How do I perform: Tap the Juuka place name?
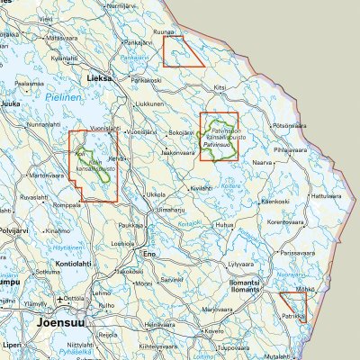pyautogui.click(x=12, y=104)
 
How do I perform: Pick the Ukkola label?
pyautogui.click(x=156, y=193)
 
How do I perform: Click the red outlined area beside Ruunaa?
pyautogui.click(x=184, y=52)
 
